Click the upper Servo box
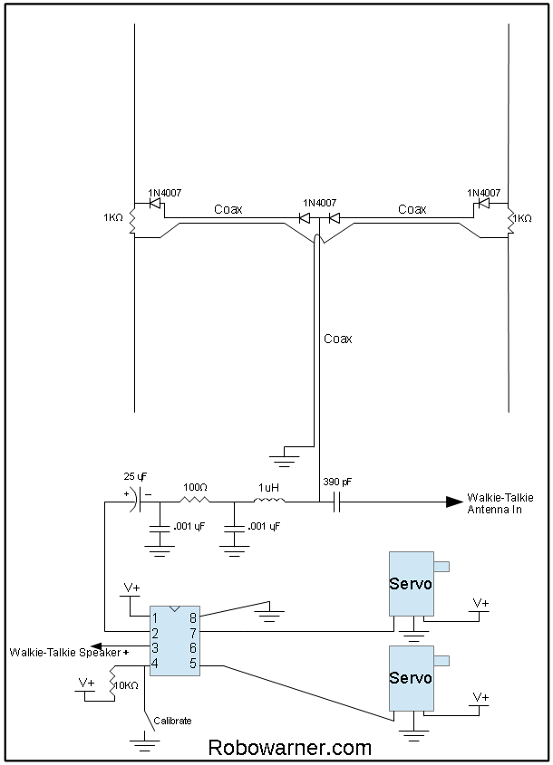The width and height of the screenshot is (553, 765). point(411,584)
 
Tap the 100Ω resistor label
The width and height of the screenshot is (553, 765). point(194,486)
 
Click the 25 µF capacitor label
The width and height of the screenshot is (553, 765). point(135,476)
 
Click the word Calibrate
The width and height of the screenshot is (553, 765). point(172,721)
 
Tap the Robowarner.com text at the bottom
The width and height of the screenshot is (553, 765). point(289,748)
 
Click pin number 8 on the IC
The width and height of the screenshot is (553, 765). point(193,617)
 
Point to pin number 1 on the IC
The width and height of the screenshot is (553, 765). point(155,617)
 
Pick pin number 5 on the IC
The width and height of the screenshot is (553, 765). point(193,665)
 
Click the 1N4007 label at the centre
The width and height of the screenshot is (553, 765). point(319,203)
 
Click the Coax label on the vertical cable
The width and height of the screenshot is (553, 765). point(337,339)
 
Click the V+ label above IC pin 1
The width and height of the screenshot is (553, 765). point(131,588)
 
